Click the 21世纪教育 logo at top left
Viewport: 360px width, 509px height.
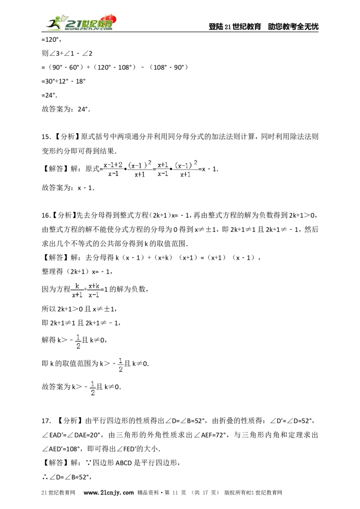[x=81, y=23]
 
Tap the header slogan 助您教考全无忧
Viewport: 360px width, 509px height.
[x=293, y=27]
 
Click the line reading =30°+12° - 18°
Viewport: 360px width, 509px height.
[x=64, y=81]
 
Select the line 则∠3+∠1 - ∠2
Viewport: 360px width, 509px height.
[x=67, y=53]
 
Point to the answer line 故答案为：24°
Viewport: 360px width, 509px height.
[x=66, y=109]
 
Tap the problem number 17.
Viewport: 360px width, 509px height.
[x=46, y=421]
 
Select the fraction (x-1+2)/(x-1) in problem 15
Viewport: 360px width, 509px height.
[x=113, y=169]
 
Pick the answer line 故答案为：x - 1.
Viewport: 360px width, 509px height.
[x=68, y=188]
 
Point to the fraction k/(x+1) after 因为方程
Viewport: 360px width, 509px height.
[x=77, y=290]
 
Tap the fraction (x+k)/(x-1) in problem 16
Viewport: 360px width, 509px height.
[x=94, y=290]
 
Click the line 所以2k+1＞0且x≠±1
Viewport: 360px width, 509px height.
[x=79, y=309]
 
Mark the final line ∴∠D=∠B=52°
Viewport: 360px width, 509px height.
[x=67, y=477]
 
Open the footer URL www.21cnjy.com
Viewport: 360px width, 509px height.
[x=108, y=492]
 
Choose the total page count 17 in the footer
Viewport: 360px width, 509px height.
[x=205, y=492]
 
